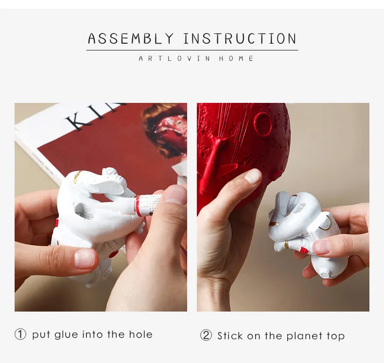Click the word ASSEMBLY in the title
[x=131, y=38]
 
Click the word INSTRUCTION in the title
[x=240, y=38]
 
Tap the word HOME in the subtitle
[x=236, y=58]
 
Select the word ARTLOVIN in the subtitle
[x=175, y=58]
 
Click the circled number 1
[x=20, y=334]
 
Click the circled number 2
[x=206, y=335]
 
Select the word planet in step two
[x=304, y=336]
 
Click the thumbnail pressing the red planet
[x=253, y=176]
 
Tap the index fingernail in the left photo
[x=85, y=259]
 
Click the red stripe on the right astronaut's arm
[x=304, y=250]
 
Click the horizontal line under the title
[x=192, y=50]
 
